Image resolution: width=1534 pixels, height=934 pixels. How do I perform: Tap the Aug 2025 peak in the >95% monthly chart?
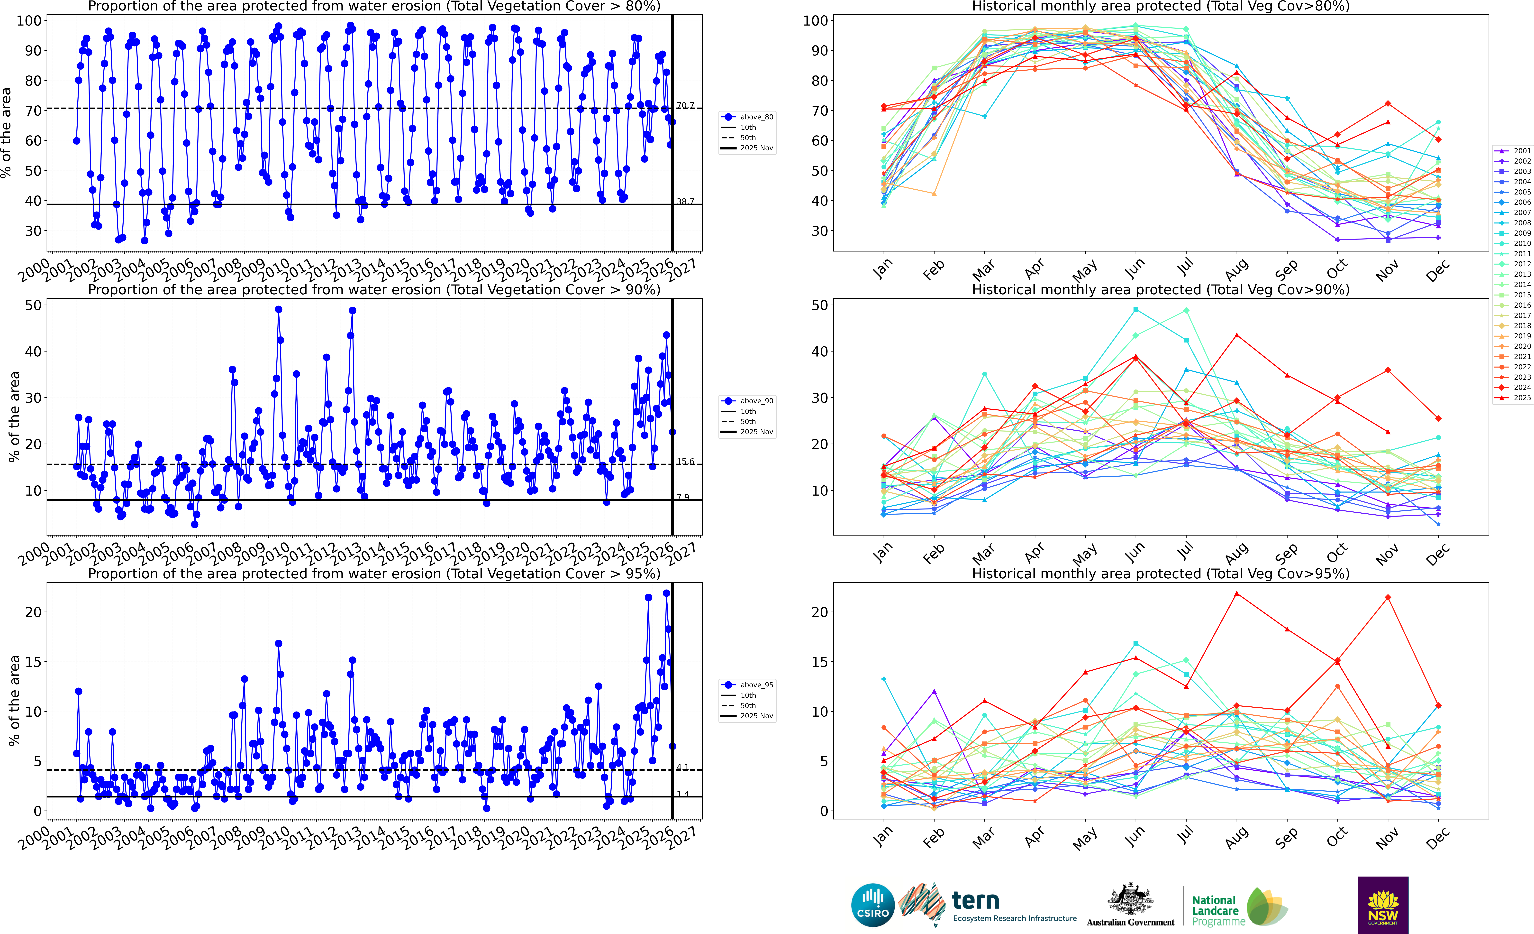(x=1236, y=593)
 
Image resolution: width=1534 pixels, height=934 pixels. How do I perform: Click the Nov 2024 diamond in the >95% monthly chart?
(x=1388, y=598)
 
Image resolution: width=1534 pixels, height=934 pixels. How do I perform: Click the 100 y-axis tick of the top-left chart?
(x=29, y=21)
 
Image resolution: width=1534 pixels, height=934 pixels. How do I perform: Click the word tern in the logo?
(x=976, y=900)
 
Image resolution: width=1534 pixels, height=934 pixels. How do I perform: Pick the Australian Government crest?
(x=1130, y=900)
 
